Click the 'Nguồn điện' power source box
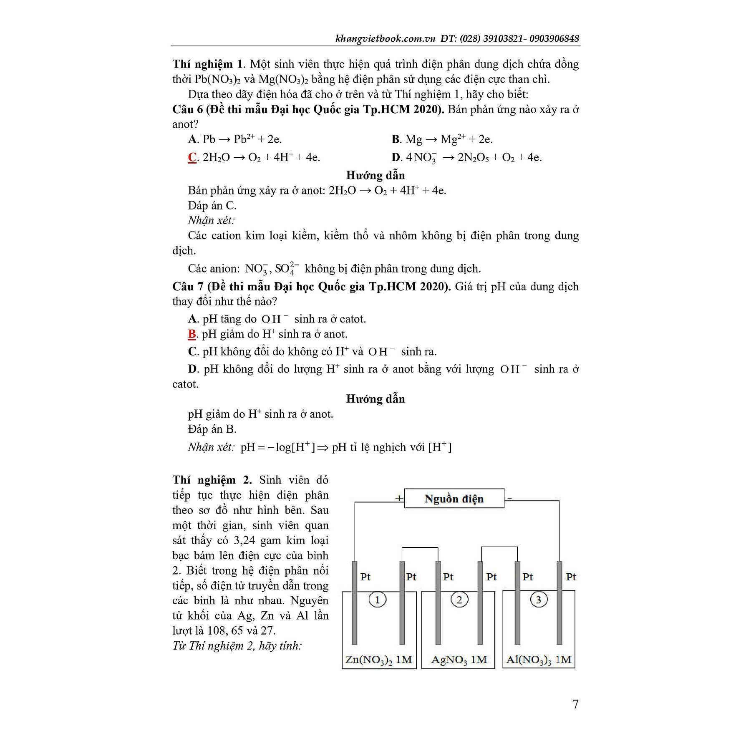[454, 499]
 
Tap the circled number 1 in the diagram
[378, 600]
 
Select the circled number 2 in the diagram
[459, 600]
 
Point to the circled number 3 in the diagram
[538, 600]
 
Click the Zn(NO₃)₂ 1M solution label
[379, 660]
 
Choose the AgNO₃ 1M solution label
[459, 660]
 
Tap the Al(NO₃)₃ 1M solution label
[538, 660]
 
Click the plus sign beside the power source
[399, 498]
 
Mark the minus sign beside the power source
[510, 498]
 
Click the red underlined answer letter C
[192, 157]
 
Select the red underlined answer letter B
[192, 334]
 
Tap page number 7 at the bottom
[576, 704]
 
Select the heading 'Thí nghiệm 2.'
[212, 480]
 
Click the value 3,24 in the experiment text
[245, 540]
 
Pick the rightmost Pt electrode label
[571, 577]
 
